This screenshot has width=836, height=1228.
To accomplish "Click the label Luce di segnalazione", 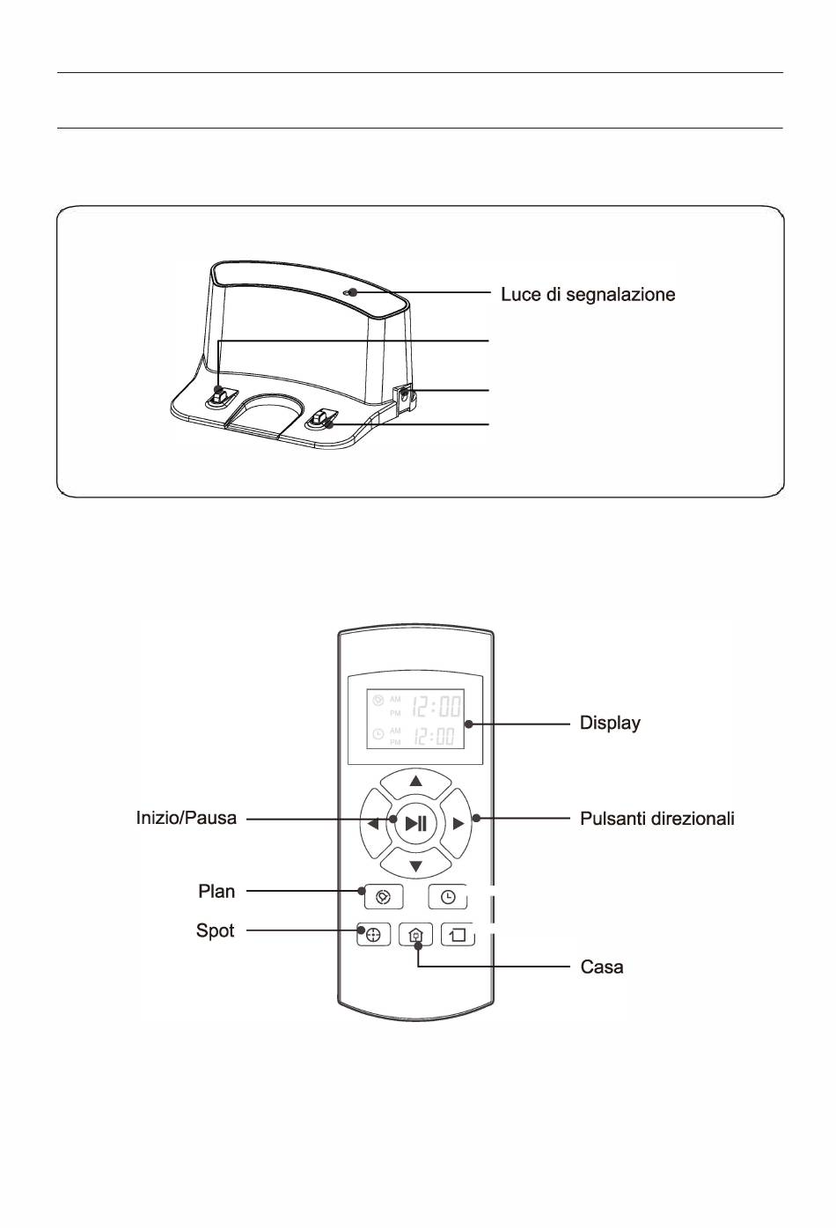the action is pyautogui.click(x=588, y=295).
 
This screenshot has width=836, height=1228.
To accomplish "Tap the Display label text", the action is pyautogui.click(x=610, y=723).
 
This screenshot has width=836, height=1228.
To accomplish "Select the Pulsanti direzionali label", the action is pyautogui.click(x=657, y=819).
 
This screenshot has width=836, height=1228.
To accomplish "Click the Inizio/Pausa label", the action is pyautogui.click(x=187, y=818).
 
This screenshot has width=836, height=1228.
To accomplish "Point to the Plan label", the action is pyautogui.click(x=216, y=892).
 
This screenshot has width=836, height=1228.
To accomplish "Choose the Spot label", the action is pyautogui.click(x=215, y=930).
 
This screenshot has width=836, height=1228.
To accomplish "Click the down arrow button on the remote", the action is pyautogui.click(x=416, y=864).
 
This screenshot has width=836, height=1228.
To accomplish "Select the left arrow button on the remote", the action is pyautogui.click(x=374, y=823).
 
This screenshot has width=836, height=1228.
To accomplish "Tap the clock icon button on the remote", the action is pyautogui.click(x=448, y=897).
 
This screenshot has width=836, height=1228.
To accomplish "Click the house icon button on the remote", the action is pyautogui.click(x=416, y=935).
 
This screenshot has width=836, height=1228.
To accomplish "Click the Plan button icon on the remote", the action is pyautogui.click(x=384, y=897).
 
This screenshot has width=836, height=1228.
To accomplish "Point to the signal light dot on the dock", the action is pyautogui.click(x=353, y=292).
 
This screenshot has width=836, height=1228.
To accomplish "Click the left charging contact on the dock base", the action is pyautogui.click(x=220, y=397).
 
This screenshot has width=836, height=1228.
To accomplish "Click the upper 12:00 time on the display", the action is pyautogui.click(x=436, y=706).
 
